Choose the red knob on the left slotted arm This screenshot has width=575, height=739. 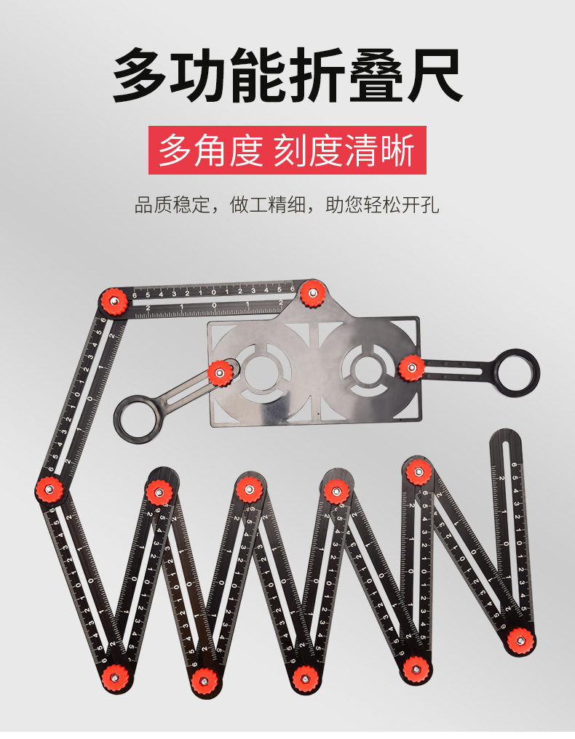pos(219,373)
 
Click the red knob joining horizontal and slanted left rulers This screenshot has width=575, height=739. pos(114,300)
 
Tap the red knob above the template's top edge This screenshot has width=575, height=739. pos(312,293)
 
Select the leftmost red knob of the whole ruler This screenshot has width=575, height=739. pos(49,490)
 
